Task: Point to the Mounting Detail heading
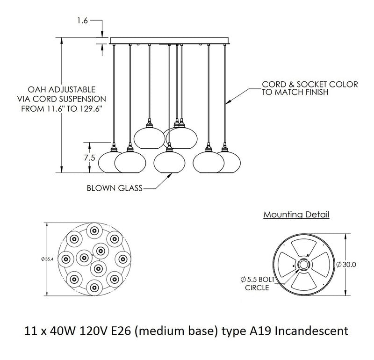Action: pos(296,215)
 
